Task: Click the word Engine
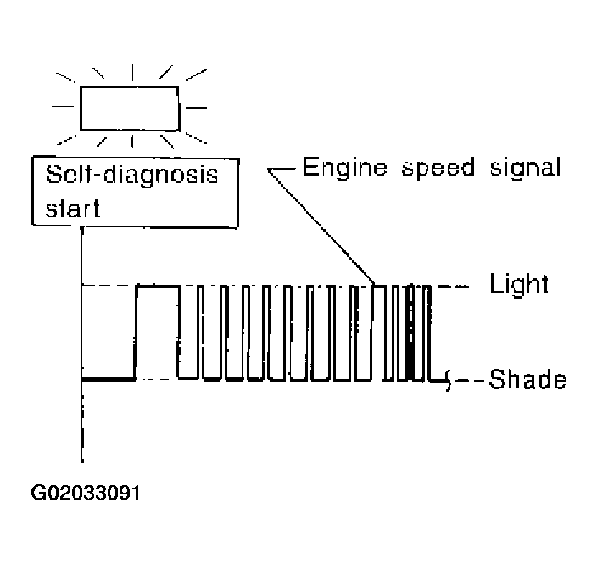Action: (344, 169)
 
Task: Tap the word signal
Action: (526, 169)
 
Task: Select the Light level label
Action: (519, 284)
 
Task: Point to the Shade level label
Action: (527, 379)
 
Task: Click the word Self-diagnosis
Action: (131, 176)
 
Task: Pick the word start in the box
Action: (73, 208)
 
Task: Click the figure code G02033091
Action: (86, 493)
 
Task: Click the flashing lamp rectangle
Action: (130, 87)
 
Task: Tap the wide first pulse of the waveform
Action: (157, 286)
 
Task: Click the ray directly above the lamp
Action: (132, 72)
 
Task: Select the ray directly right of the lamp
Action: (196, 108)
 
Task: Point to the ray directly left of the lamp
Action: (63, 106)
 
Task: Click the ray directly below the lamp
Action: (131, 141)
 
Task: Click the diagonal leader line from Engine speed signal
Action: (321, 227)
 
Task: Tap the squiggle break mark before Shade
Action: (449, 380)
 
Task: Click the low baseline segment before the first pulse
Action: (109, 379)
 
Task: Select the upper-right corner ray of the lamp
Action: (195, 75)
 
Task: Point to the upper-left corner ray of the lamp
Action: (65, 77)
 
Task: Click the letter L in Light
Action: (496, 283)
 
